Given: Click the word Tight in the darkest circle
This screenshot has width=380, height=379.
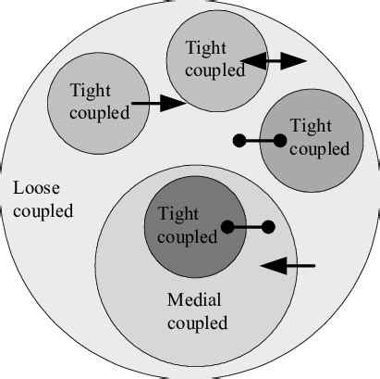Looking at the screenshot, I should click(x=179, y=214).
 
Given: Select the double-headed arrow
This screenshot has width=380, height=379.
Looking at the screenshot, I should click(x=274, y=61).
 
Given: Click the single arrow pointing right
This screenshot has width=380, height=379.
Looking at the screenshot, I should click(x=158, y=103).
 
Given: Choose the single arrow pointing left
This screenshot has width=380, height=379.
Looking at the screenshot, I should click(x=288, y=266).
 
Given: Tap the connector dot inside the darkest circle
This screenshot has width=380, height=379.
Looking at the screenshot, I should click(x=227, y=226).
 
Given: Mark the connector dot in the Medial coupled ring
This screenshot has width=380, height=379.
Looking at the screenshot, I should click(x=269, y=226).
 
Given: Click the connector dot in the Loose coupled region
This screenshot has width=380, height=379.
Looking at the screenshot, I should click(x=239, y=141).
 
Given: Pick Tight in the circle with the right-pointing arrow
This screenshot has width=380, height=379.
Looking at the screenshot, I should click(x=91, y=90).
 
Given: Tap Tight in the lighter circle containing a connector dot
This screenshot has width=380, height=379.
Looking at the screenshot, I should click(x=309, y=124).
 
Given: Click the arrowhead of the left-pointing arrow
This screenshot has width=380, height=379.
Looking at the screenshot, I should click(x=269, y=266).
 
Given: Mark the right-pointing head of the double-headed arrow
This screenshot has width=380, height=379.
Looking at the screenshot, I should click(x=295, y=61).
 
